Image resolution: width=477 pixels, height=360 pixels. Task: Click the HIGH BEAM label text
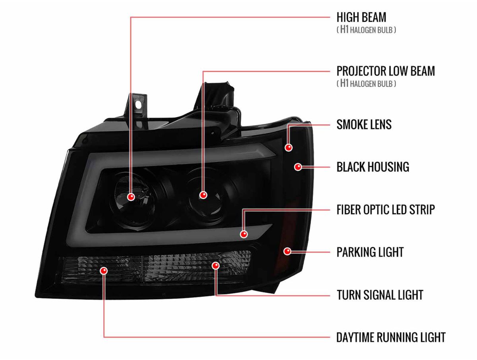pyautogui.click(x=361, y=17)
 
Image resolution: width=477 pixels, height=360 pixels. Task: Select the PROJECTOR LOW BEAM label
pyautogui.click(x=386, y=71)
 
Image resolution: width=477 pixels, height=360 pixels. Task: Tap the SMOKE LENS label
pyautogui.click(x=364, y=124)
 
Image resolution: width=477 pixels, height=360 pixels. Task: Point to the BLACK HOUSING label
pyautogui.click(x=373, y=167)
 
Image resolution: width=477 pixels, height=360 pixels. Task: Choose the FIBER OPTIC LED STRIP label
pyautogui.click(x=386, y=209)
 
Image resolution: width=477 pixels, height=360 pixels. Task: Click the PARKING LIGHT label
pyautogui.click(x=370, y=252)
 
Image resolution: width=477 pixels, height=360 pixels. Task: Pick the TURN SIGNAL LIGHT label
pyautogui.click(x=380, y=295)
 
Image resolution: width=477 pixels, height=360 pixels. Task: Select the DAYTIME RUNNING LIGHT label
pyautogui.click(x=391, y=337)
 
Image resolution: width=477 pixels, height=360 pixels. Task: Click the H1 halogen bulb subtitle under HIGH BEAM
pyautogui.click(x=366, y=30)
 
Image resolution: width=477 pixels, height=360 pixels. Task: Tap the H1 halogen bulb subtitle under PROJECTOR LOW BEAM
pyautogui.click(x=366, y=83)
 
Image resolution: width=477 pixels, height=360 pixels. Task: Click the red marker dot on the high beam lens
pyautogui.click(x=131, y=197)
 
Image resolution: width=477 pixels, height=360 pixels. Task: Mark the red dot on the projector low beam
pyautogui.click(x=203, y=195)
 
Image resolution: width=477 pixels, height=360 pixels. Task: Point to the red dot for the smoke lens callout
pyautogui.click(x=289, y=148)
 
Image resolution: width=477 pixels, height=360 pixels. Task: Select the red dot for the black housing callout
pyautogui.click(x=298, y=167)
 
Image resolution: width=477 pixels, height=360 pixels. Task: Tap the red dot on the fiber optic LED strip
pyautogui.click(x=244, y=234)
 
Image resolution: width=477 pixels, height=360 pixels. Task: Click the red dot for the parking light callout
pyautogui.click(x=287, y=252)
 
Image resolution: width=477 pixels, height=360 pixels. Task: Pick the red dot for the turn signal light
pyautogui.click(x=215, y=265)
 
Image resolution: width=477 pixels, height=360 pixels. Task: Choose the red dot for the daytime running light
pyautogui.click(x=104, y=271)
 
